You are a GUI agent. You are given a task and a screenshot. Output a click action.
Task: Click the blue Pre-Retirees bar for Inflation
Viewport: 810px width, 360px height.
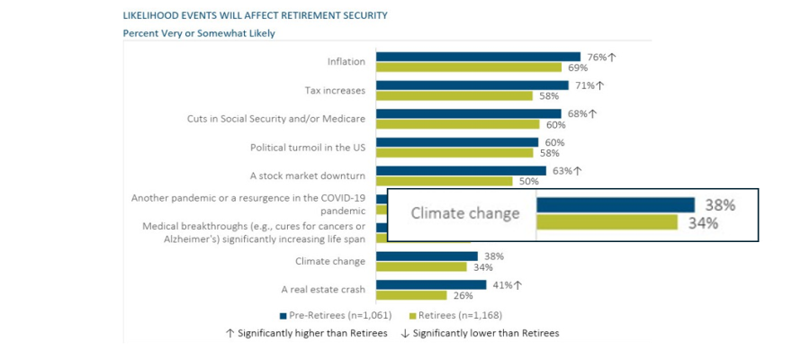click(478, 57)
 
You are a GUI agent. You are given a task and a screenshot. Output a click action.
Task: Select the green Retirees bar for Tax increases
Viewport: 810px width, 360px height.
click(455, 95)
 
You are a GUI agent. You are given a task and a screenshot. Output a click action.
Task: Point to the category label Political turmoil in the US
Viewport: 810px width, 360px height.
click(308, 148)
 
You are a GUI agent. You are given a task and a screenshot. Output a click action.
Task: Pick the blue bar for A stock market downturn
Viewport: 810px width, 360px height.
click(461, 170)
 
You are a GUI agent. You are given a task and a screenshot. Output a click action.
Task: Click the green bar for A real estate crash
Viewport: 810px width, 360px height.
click(411, 295)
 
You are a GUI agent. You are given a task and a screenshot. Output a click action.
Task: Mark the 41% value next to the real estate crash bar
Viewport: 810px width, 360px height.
click(500, 284)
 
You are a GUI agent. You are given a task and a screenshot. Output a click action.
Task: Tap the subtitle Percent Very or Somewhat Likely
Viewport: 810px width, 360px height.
click(199, 33)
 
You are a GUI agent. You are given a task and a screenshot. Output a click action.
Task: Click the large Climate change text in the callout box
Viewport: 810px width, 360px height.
click(465, 213)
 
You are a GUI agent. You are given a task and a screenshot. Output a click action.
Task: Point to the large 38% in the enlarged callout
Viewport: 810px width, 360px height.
click(719, 205)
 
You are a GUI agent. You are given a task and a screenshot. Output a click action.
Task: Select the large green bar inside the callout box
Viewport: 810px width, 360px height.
click(607, 222)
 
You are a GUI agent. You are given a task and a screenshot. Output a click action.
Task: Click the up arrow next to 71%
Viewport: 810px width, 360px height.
click(599, 85)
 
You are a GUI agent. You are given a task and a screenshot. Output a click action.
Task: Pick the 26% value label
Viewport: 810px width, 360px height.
click(463, 295)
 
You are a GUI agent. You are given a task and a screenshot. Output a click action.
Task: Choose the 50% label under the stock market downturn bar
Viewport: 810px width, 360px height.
click(528, 181)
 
